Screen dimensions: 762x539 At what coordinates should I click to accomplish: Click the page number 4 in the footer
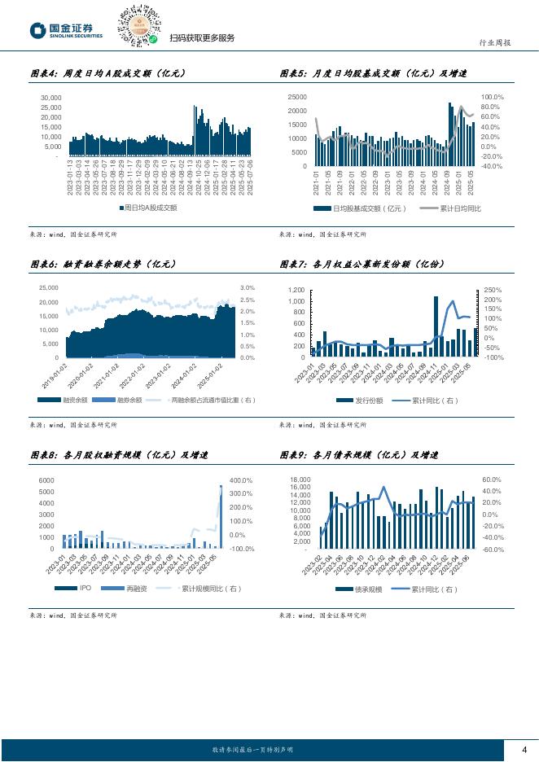tap(524, 749)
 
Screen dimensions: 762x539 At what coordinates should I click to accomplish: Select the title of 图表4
tap(108, 74)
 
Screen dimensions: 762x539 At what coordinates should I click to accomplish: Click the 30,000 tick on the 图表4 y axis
tap(50, 97)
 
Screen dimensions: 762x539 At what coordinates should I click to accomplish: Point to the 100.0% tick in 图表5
tap(493, 97)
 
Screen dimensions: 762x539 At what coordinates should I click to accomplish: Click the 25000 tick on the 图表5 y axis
tap(297, 97)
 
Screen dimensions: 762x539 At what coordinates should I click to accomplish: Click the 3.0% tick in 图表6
tap(248, 287)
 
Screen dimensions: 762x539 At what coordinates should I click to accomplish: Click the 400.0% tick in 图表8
tap(243, 480)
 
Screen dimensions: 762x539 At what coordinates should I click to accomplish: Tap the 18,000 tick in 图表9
tap(300, 480)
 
